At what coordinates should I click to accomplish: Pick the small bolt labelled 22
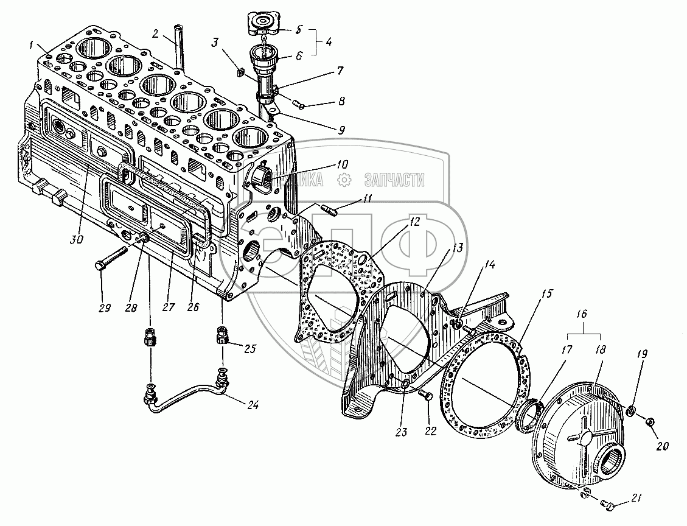[x=427, y=396]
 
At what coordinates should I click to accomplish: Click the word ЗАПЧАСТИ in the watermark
[x=394, y=180]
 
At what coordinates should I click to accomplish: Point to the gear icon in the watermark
[x=344, y=180]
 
